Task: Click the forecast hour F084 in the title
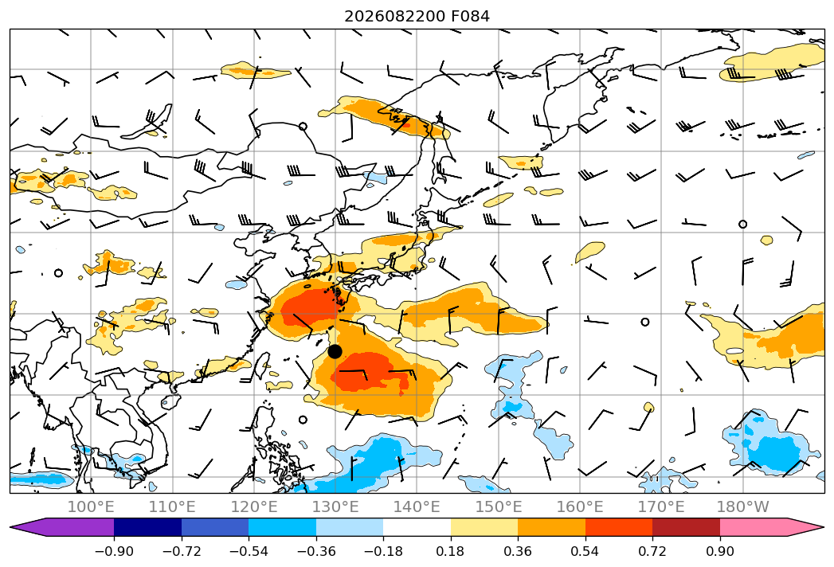point(470,17)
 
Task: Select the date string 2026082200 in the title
point(394,17)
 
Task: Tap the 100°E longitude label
point(91,507)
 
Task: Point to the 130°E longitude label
point(335,507)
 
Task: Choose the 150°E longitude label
point(499,507)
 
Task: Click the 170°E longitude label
point(661,507)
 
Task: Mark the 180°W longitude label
point(743,507)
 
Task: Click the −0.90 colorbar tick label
point(114,551)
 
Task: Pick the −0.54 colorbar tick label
point(249,551)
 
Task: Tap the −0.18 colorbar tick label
point(383,551)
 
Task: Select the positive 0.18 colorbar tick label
point(451,551)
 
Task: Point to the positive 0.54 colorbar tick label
point(585,551)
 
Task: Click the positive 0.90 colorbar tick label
point(719,551)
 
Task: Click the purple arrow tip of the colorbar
point(10,527)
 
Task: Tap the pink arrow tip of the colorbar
point(824,527)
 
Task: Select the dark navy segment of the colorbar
point(147,527)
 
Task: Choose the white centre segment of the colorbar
point(417,527)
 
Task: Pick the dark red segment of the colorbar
point(686,527)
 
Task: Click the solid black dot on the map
point(335,351)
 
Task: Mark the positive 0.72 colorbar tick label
point(652,551)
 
